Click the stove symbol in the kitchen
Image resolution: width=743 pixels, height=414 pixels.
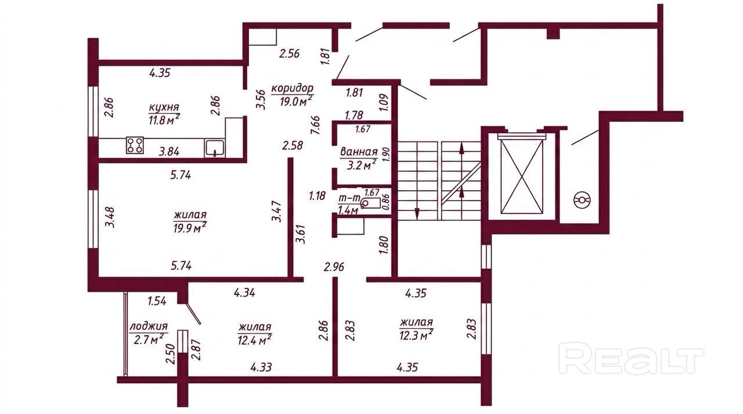(x=135, y=145)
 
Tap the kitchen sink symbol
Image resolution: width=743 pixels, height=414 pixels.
(x=215, y=148)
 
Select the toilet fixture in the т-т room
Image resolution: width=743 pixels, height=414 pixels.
(x=369, y=202)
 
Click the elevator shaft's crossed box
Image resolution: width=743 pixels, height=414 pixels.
(x=522, y=177)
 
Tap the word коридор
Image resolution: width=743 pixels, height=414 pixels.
(x=292, y=89)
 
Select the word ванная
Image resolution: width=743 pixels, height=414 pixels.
(x=359, y=152)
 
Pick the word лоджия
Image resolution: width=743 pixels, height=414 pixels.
(x=148, y=326)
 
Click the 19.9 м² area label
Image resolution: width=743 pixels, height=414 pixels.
(x=190, y=227)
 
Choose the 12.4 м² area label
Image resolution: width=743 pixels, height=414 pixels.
(x=255, y=340)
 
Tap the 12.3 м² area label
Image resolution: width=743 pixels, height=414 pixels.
(x=416, y=336)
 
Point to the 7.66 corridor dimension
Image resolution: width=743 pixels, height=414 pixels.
(x=315, y=125)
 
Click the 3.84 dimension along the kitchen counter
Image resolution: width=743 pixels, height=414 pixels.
(x=169, y=152)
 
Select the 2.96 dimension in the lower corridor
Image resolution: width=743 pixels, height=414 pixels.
(x=334, y=267)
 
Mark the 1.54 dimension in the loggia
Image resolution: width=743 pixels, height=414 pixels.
(x=157, y=301)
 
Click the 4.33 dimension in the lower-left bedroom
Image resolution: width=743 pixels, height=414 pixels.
(x=261, y=367)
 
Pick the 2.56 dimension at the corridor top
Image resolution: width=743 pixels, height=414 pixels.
(x=289, y=53)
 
